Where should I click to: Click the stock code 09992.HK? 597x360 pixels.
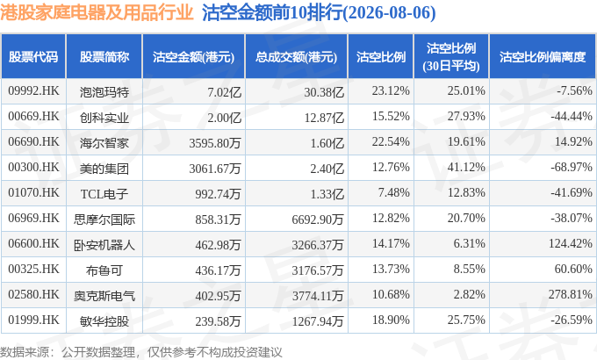tap(33, 90)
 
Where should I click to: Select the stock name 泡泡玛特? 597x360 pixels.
tap(104, 92)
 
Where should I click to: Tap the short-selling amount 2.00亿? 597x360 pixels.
tap(224, 118)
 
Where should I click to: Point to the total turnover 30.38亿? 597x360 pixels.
tap(324, 92)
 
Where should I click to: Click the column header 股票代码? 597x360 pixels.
tap(33, 57)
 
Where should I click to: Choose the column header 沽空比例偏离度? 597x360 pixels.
tap(543, 57)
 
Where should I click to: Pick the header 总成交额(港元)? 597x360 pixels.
tap(296, 57)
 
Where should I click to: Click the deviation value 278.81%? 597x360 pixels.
tap(570, 294)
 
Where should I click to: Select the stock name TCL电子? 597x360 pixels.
tap(104, 194)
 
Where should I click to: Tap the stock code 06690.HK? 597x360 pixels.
tap(33, 141)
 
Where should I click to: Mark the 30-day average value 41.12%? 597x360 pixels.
tap(466, 167)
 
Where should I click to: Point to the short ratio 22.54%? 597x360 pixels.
tap(391, 141)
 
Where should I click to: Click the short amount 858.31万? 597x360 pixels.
tap(218, 220)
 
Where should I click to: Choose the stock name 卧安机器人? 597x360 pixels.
tap(104, 245)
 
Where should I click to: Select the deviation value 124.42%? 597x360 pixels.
tap(570, 243)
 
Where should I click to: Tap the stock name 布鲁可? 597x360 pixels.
tap(104, 270)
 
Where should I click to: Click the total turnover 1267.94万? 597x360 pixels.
tap(318, 321)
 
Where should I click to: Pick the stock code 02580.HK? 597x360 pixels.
tap(33, 294)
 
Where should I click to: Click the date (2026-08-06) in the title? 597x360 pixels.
tap(390, 13)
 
